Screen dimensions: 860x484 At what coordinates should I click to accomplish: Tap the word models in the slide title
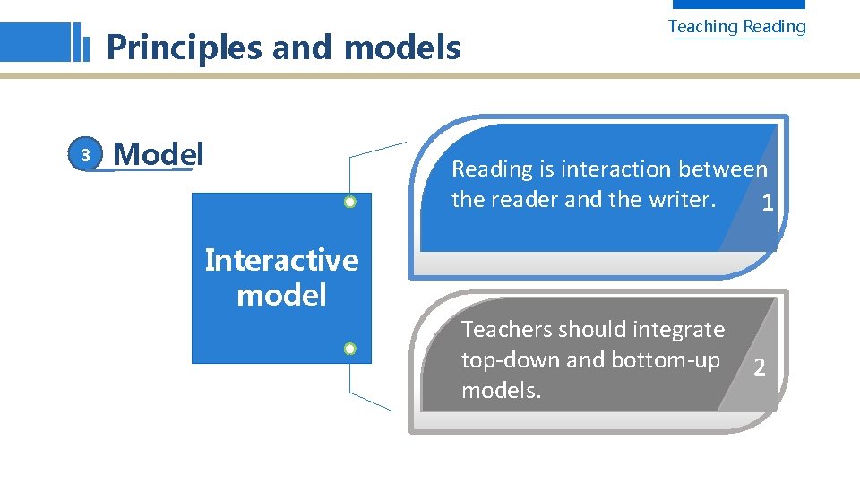pos(402,47)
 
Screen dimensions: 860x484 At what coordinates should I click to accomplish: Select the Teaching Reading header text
pos(736,27)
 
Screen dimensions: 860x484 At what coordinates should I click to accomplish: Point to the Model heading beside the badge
pos(159,154)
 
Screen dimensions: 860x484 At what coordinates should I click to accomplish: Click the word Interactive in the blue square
pos(281,260)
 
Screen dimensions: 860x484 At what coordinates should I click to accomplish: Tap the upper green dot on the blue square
pos(350,202)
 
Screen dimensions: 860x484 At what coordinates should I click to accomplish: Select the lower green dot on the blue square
pos(350,348)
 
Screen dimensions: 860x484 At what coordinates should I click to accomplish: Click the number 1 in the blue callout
pos(766,204)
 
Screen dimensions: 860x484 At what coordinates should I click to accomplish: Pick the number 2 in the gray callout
pos(759,367)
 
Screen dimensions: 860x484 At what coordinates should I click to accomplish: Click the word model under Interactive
pos(281,295)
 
